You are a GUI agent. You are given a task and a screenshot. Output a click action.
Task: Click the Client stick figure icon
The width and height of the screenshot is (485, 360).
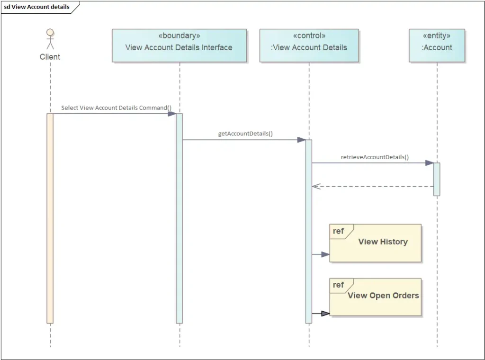50,39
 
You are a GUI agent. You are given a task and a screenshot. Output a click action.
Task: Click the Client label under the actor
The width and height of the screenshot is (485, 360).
50,57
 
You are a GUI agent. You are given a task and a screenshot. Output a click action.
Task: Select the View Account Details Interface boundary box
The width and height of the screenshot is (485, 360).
179,45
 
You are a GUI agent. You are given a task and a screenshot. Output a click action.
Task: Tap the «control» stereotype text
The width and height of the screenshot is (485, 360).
309,36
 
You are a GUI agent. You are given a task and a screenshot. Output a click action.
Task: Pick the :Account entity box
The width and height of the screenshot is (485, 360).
437,45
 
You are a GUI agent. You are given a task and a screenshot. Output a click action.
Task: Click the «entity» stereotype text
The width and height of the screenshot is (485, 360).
437,36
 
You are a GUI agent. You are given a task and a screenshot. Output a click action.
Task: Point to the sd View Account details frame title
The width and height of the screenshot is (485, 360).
37,7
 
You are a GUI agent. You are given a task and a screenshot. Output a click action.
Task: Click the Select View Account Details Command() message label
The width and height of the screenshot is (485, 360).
116,108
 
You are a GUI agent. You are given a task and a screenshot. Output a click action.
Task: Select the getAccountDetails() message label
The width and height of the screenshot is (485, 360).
245,134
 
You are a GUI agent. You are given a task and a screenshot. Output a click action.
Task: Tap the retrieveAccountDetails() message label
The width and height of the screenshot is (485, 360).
375,157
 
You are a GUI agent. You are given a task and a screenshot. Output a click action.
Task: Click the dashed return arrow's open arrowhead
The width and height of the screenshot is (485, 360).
316,186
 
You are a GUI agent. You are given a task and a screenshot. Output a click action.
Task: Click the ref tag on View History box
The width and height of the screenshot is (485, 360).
338,231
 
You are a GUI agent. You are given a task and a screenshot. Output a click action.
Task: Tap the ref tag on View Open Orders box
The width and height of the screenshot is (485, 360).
338,285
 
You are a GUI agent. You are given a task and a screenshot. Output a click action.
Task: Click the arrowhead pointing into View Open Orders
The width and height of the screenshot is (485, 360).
325,313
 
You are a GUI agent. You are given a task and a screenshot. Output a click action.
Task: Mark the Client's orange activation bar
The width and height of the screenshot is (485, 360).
50,218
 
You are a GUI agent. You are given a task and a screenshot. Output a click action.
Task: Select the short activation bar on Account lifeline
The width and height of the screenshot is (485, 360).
437,179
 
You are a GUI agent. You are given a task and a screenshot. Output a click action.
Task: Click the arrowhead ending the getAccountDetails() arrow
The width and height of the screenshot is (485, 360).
301,140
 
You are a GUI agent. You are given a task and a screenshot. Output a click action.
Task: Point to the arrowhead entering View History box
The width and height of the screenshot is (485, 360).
325,254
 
